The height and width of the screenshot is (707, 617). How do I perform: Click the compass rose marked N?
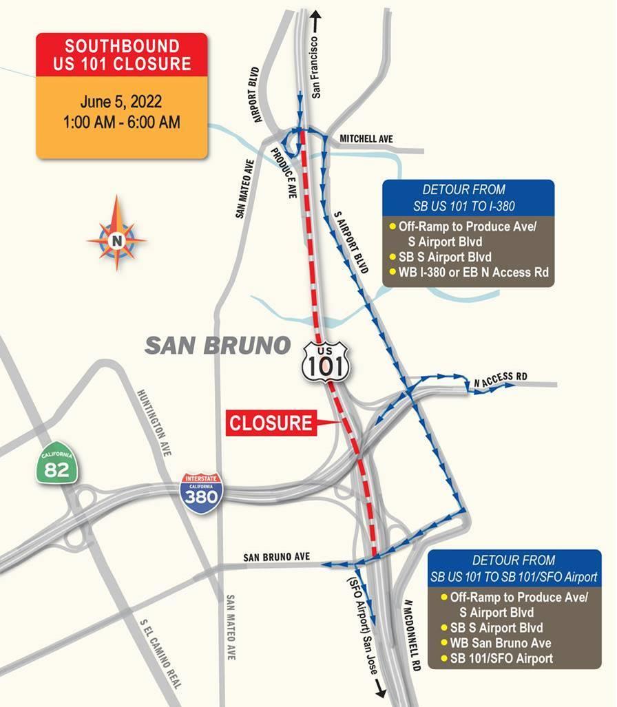tap(116, 240)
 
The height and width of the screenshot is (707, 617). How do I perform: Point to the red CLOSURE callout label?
tap(271, 423)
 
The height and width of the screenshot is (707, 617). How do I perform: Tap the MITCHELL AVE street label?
tap(366, 140)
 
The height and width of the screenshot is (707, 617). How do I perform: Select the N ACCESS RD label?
tap(501, 377)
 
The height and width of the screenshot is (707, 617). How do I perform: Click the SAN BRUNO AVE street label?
tap(277, 556)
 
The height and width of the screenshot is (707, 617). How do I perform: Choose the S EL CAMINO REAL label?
tap(160, 655)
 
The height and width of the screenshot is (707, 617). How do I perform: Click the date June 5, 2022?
tap(121, 102)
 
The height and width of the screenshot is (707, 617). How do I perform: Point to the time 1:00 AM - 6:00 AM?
tap(121, 123)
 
